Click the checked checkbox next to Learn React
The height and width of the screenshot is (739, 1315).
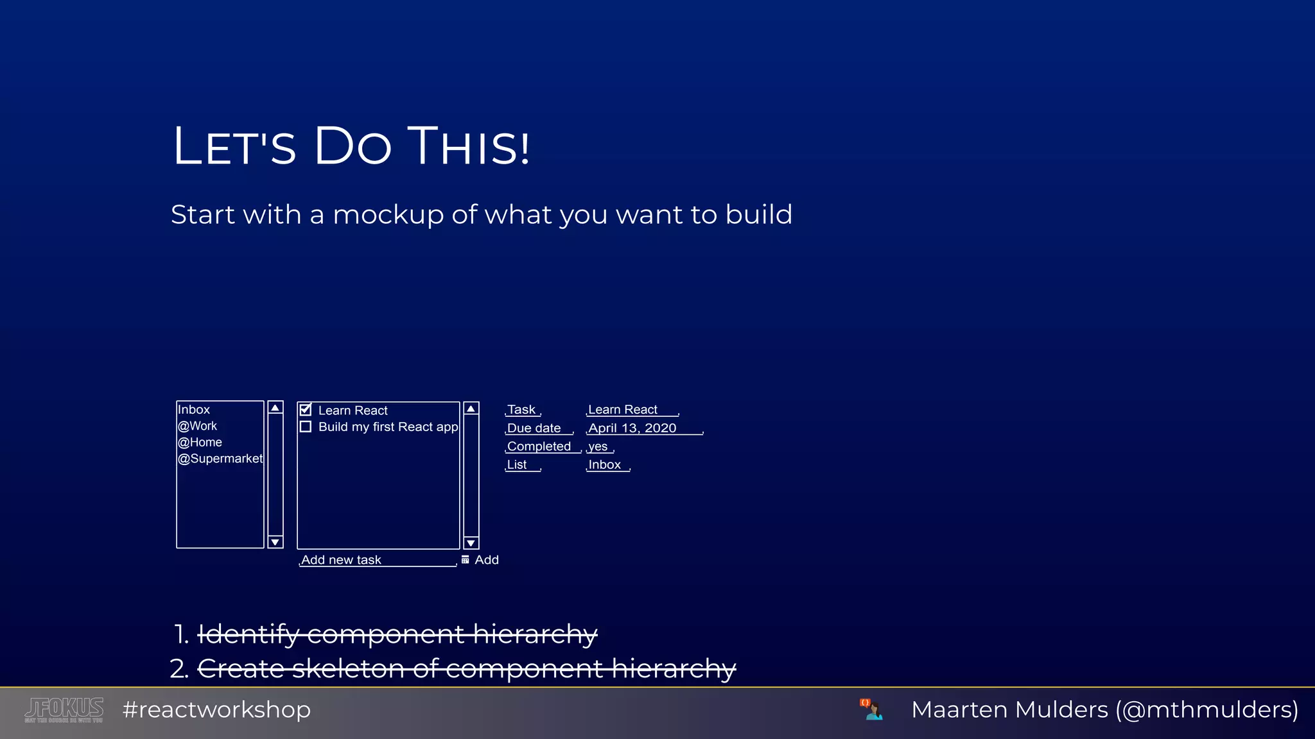[306, 410]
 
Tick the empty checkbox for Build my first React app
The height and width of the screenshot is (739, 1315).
[306, 427]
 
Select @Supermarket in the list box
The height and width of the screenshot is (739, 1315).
[220, 459]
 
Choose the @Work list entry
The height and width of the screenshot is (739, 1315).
[198, 426]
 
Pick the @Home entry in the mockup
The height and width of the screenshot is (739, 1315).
[200, 442]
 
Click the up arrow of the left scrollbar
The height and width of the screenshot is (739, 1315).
[275, 408]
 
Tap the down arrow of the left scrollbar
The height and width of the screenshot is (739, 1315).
[275, 542]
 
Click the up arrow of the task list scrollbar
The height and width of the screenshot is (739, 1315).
[471, 409]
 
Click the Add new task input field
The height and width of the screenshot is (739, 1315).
[378, 560]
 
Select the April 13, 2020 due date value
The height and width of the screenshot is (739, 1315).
[632, 428]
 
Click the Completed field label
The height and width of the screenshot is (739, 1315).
[539, 446]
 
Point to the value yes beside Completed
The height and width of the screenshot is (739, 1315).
[598, 446]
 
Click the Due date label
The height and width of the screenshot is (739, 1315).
[534, 428]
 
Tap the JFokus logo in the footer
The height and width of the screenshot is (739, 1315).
[64, 709]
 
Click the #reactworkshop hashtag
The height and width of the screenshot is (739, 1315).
[216, 709]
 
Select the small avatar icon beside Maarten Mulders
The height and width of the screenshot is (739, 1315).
[871, 709]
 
